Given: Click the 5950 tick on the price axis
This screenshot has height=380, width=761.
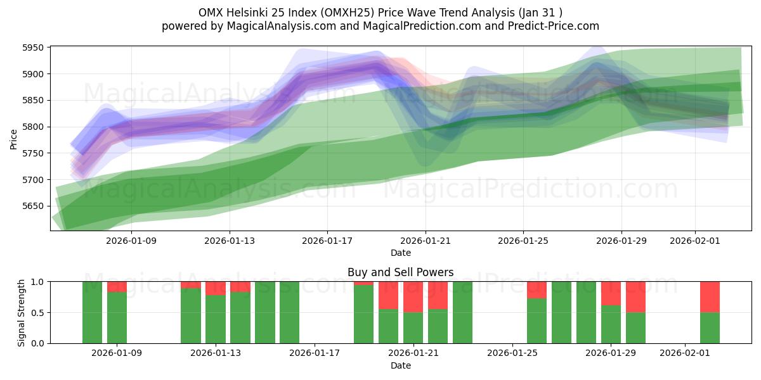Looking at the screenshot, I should pos(32,47).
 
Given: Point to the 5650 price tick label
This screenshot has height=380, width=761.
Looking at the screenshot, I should pos(32,206).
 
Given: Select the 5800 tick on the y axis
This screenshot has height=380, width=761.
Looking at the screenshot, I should pos(32,127).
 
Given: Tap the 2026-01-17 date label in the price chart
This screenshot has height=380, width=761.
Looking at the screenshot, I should pos(327,241).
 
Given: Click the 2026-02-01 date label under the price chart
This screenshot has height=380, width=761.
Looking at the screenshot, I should pos(695,241).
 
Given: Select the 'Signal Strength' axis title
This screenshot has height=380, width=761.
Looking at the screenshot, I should pos(22,312).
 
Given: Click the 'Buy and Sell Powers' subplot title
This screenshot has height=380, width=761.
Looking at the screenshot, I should pos(400,272).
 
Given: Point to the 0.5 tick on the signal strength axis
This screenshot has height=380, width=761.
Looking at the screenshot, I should pos(37,312).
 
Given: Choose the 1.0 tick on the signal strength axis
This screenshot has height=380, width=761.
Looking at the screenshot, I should pos(37,281).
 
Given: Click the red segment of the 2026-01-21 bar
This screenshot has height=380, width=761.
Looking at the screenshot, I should pos(413,296).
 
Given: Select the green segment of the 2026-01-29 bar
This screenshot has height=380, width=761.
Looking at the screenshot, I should pos(611,324).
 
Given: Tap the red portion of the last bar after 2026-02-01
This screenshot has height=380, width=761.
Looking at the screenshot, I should pos(710,296).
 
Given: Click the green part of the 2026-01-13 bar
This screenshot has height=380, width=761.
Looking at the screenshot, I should pos(216,319).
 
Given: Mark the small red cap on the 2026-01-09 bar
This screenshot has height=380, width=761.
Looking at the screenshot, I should pos(117,286).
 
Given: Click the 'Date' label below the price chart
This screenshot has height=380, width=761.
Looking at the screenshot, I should pos(400,253).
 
